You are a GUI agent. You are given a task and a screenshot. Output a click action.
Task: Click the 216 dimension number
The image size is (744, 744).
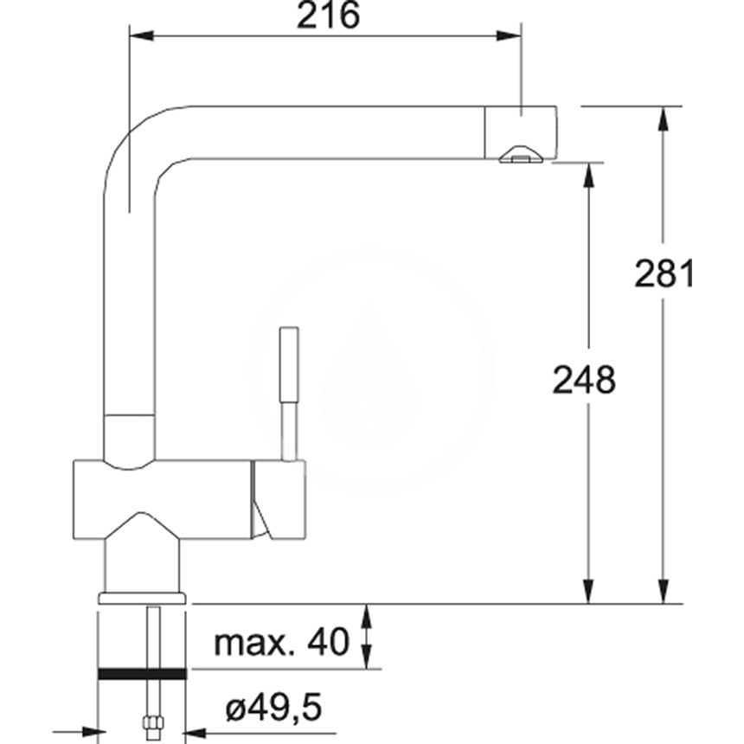coord(329,15)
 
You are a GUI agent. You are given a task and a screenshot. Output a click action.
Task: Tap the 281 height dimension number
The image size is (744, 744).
coord(664,273)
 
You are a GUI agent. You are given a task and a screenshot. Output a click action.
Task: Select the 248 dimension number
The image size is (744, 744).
coord(584,380)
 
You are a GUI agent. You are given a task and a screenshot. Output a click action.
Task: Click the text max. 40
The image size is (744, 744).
coord(282,643)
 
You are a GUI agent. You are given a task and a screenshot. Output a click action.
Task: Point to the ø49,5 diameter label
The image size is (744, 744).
coord(273,708)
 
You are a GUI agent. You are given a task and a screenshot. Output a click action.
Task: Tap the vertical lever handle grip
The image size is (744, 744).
coord(289,364)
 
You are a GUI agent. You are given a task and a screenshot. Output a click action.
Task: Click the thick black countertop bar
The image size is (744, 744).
coord(142,673)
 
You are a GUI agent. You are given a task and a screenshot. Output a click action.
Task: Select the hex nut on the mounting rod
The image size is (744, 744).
coord(153,722)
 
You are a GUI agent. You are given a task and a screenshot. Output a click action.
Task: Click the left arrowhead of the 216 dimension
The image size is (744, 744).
coord(142,35)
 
